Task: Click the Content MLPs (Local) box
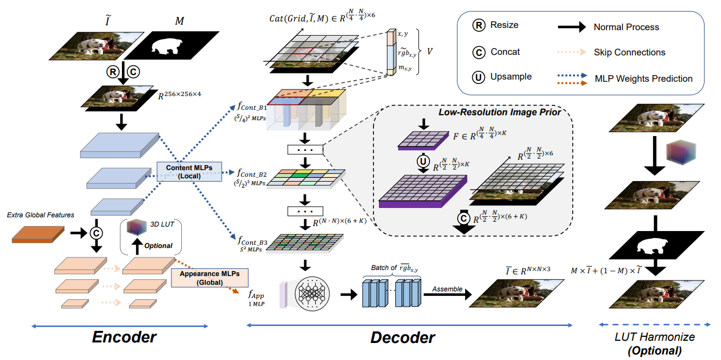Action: (x=189, y=171)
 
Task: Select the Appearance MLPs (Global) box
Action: (x=210, y=278)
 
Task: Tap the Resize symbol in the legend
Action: (x=479, y=25)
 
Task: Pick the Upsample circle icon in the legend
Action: (x=479, y=77)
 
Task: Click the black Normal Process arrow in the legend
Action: (x=572, y=27)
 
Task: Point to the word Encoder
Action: (x=124, y=337)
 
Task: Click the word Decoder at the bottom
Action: (x=403, y=337)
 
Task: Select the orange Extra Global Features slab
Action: (x=38, y=234)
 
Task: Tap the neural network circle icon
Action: (x=312, y=294)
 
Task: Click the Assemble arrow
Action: (x=448, y=294)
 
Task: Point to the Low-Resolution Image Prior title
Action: (x=500, y=113)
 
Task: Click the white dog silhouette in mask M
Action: (x=166, y=46)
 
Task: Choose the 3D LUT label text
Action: (x=162, y=224)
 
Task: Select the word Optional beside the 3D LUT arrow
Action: (x=158, y=246)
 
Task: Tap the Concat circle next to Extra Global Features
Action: (x=96, y=233)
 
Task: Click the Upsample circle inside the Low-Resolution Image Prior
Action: (x=423, y=161)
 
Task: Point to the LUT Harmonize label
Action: (x=655, y=337)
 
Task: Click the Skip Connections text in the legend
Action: (x=630, y=52)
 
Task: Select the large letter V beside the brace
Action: (x=430, y=52)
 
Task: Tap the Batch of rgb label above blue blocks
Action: (x=394, y=268)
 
